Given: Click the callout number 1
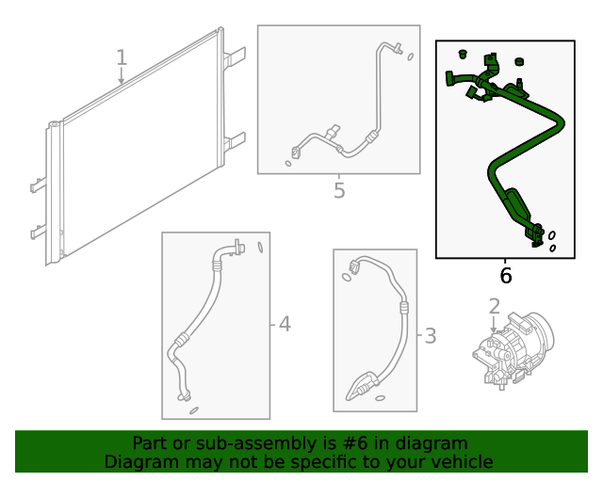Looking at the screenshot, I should [121, 57].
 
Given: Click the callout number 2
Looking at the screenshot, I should [495, 305].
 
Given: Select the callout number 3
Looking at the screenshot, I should [430, 335].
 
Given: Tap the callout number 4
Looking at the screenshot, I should [284, 325].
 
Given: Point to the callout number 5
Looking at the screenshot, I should [339, 191].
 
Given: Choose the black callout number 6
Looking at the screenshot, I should [505, 275].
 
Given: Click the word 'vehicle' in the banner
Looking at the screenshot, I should [461, 462].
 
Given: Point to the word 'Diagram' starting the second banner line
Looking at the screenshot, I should [140, 462].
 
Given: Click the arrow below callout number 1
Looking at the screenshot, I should [121, 79].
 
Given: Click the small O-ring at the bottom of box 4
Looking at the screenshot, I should [194, 410].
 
